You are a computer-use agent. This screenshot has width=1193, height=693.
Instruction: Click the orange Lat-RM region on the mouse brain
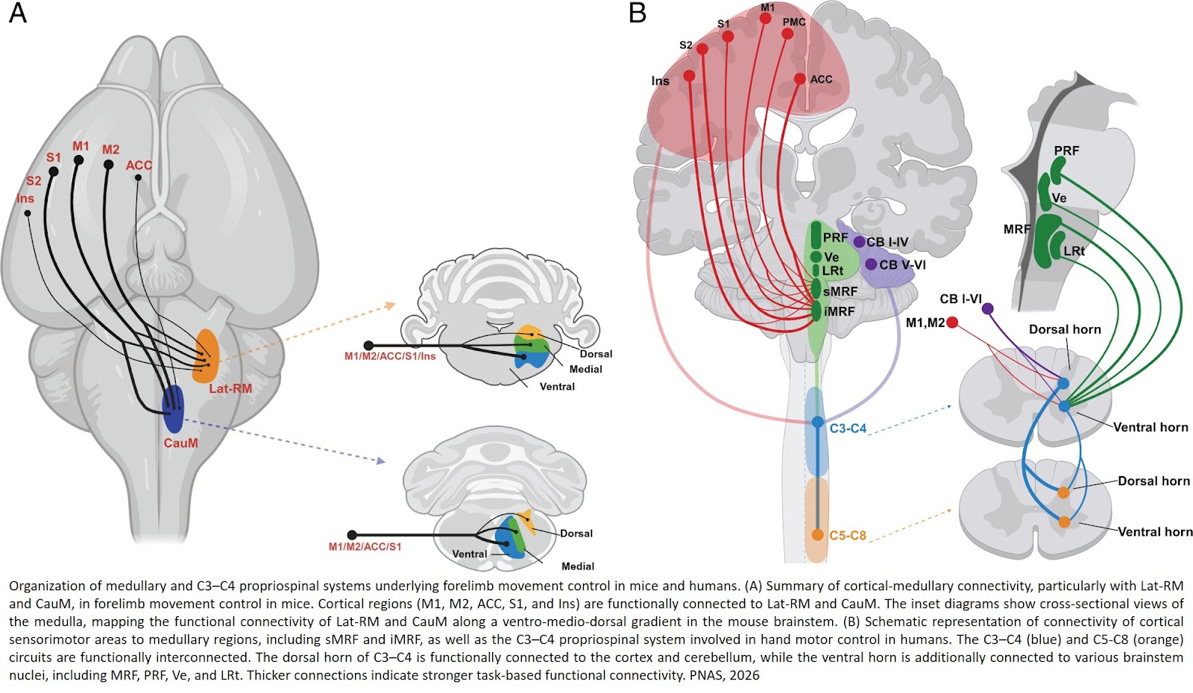205,356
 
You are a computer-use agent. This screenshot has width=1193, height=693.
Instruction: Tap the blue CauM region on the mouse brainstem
173,409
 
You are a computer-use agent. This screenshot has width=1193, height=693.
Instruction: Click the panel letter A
17,13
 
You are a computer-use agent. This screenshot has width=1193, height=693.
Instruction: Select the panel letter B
637,13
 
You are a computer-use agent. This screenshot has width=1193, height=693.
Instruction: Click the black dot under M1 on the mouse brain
78,159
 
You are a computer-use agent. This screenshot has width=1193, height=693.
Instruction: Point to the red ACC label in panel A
139,165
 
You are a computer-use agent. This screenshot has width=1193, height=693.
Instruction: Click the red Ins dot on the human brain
689,76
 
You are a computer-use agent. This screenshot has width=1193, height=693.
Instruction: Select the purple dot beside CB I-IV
859,241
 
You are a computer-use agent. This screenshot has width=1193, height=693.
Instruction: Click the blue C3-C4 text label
848,428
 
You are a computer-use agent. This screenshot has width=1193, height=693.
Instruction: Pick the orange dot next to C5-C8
817,535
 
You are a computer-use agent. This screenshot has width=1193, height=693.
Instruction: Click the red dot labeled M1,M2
952,323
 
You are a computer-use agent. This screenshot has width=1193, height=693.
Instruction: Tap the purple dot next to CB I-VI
988,308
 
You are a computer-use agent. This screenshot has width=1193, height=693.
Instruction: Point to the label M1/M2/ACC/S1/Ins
389,356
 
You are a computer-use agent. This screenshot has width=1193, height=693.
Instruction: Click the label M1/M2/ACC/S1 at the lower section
365,547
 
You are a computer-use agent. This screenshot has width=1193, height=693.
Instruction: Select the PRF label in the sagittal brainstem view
1066,151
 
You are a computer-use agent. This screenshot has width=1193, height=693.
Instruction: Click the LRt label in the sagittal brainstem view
1074,251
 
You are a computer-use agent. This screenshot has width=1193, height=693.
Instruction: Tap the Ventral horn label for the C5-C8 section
1154,531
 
